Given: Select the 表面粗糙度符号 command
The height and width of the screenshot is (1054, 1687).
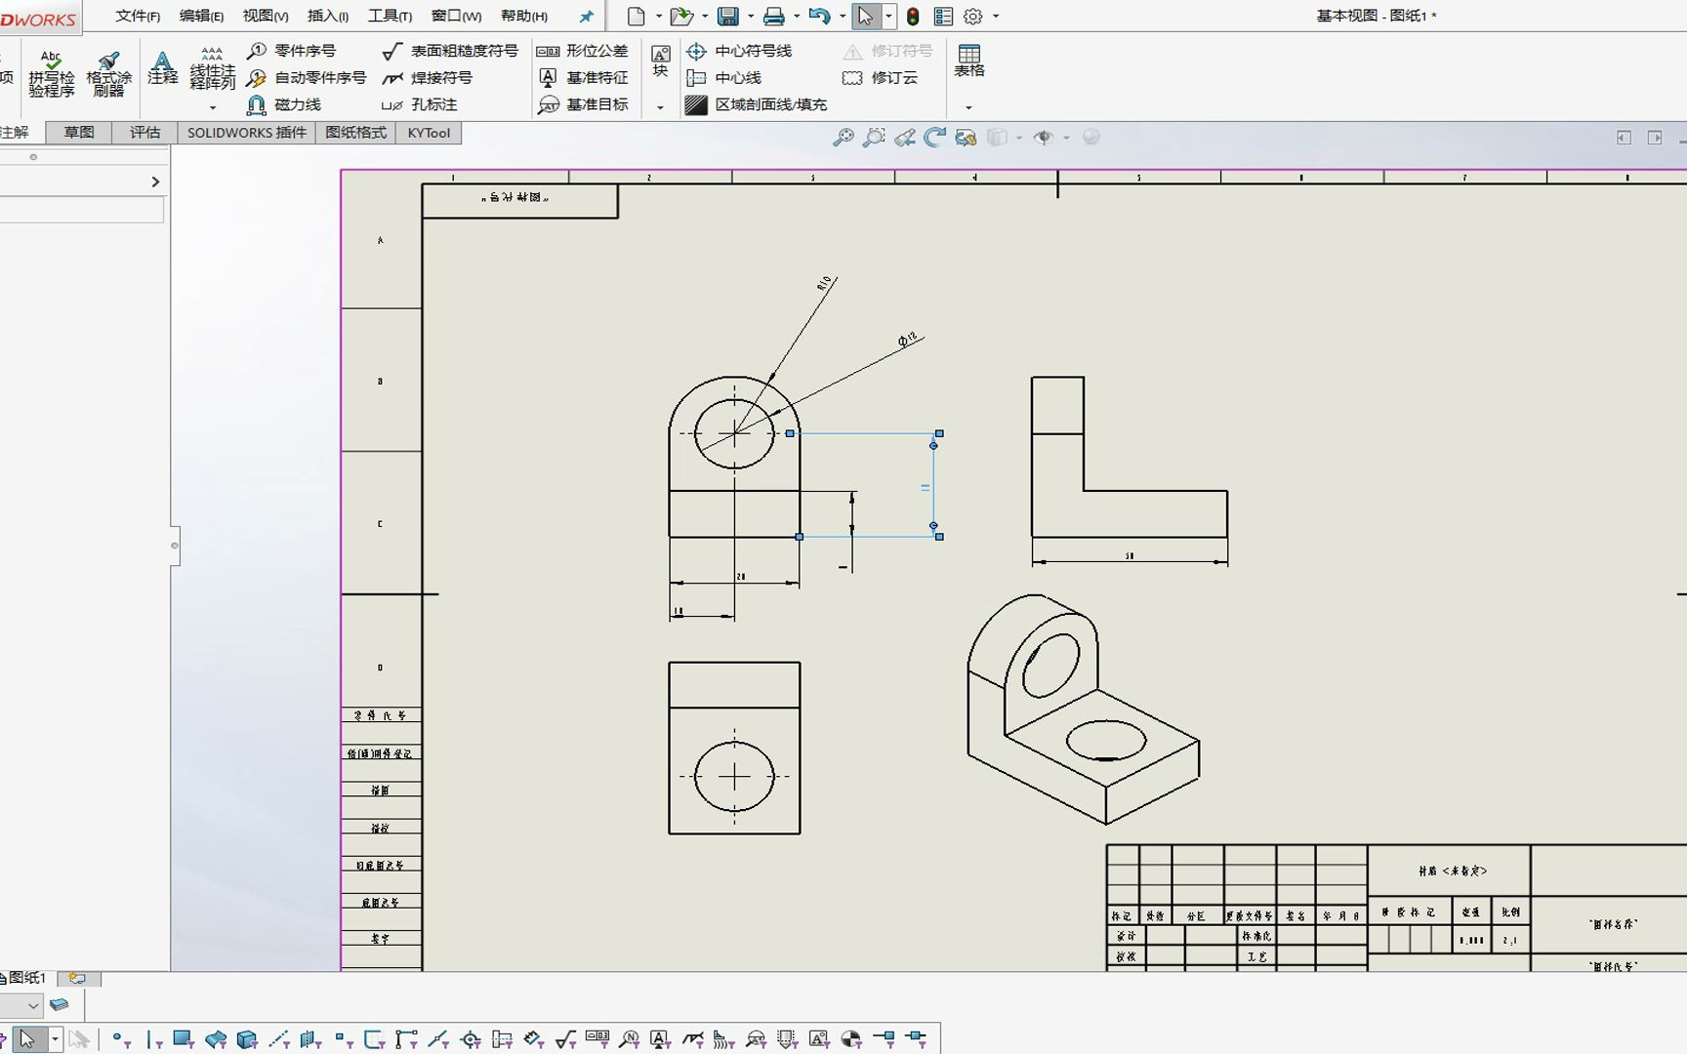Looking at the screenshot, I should (x=451, y=51).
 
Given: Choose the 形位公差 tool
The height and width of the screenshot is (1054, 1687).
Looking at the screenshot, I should (x=583, y=51).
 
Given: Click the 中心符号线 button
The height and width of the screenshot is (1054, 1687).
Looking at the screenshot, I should (x=739, y=51).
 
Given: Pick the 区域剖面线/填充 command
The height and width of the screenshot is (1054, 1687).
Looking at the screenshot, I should (x=757, y=104).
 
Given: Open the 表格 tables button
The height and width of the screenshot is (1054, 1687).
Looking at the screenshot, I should (x=968, y=61).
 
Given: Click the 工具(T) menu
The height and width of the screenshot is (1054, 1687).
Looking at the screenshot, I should (x=389, y=16).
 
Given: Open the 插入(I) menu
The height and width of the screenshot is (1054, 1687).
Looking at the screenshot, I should (x=327, y=16).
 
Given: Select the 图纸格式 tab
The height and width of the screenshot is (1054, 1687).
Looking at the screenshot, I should (x=355, y=133).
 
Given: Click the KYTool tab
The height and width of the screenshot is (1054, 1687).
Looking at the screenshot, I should (x=429, y=133).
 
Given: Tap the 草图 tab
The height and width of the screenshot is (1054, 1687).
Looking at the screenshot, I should (x=78, y=133).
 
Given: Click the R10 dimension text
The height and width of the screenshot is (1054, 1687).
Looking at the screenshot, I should (x=825, y=283).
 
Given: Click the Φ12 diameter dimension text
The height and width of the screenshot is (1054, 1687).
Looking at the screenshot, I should (x=908, y=340).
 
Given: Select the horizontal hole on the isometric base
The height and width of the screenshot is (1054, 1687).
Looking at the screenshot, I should (x=1105, y=741).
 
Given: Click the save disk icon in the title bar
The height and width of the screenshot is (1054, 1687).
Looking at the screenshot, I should (x=727, y=16).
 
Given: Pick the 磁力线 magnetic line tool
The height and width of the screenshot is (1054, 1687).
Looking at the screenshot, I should (x=284, y=104).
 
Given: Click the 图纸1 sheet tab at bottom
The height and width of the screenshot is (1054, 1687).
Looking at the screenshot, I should (x=25, y=978).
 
